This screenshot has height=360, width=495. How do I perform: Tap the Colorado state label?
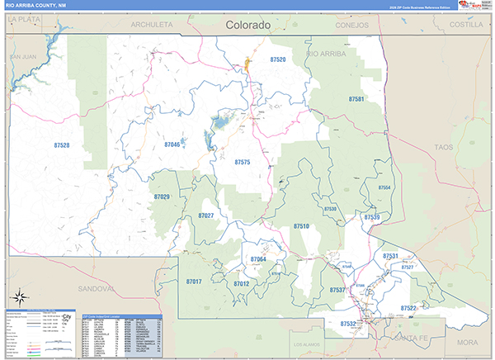point(248,26)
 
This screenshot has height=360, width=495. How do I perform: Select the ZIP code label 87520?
point(278,59)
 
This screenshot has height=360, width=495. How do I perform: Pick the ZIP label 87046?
point(172,144)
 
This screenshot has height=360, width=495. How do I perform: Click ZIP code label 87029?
point(162,197)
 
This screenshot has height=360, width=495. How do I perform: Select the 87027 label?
point(206,216)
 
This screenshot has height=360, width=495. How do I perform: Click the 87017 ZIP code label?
point(194,282)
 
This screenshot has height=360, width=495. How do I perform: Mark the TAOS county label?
point(444,147)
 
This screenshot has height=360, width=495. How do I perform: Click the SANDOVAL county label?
point(94,289)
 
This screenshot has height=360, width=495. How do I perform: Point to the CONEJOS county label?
point(351,25)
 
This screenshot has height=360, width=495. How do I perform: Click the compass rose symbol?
point(18,296)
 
